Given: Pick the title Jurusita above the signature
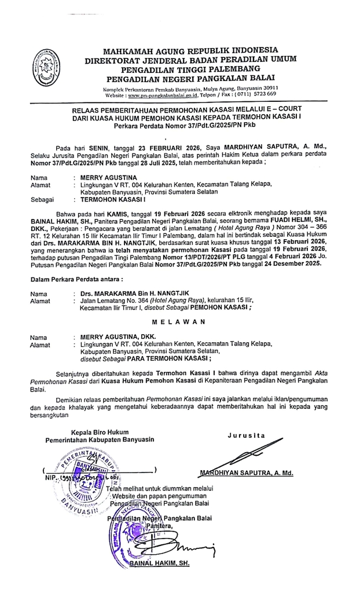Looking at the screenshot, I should click(246, 435).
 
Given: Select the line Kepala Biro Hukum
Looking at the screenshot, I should click(100, 432).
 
